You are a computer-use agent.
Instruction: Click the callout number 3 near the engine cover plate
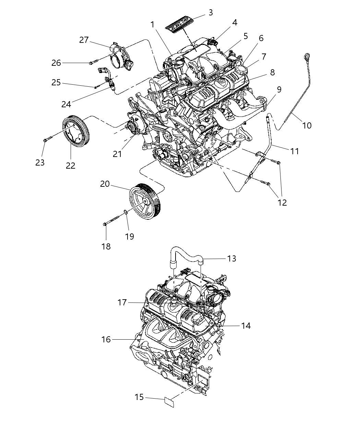pyautogui.click(x=211, y=13)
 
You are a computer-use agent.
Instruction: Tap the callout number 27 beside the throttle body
pyautogui.click(x=84, y=40)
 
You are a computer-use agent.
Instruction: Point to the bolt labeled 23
pyautogui.click(x=47, y=139)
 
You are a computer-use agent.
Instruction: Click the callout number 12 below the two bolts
pyautogui.click(x=282, y=203)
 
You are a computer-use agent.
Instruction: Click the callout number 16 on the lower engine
pyautogui.click(x=106, y=339)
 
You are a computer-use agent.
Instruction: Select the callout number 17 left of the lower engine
pyautogui.click(x=122, y=302)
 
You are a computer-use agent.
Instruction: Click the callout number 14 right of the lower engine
pyautogui.click(x=246, y=326)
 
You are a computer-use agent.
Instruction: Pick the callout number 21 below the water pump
pyautogui.click(x=117, y=154)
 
